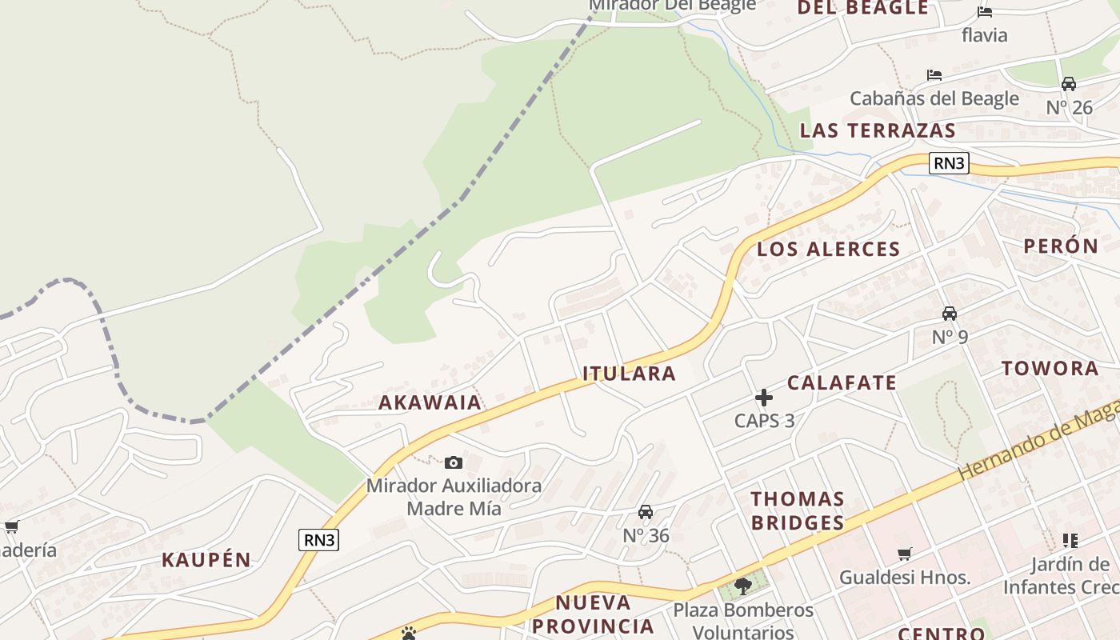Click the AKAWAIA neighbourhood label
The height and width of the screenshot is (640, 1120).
pyautogui.click(x=430, y=402)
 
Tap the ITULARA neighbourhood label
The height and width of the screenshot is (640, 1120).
pyautogui.click(x=629, y=373)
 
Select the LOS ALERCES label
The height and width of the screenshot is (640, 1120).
pyautogui.click(x=828, y=249)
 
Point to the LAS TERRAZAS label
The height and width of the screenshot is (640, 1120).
pyautogui.click(x=878, y=130)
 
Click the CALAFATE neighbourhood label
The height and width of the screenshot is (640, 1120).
pyautogui.click(x=842, y=382)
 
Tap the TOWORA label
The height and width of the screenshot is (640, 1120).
pyautogui.click(x=1050, y=368)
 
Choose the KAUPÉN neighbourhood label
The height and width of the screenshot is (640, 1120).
pyautogui.click(x=206, y=559)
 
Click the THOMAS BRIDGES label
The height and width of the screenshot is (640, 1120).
pyautogui.click(x=798, y=510)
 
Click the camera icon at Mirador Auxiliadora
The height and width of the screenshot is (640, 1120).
pyautogui.click(x=454, y=462)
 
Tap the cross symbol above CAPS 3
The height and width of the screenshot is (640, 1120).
pyautogui.click(x=764, y=397)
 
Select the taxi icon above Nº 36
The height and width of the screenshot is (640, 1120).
pyautogui.click(x=646, y=512)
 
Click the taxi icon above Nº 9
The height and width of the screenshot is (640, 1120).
pyautogui.click(x=950, y=313)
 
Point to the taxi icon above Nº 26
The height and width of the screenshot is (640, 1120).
pyautogui.click(x=1069, y=83)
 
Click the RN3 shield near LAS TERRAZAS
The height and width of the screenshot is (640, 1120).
pyautogui.click(x=949, y=163)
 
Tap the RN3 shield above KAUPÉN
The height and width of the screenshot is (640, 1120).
pyautogui.click(x=319, y=540)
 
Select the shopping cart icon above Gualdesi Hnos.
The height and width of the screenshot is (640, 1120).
pyautogui.click(x=905, y=554)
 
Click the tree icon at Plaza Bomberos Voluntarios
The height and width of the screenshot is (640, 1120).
pyautogui.click(x=742, y=586)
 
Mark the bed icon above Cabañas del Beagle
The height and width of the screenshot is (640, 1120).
pyautogui.click(x=934, y=75)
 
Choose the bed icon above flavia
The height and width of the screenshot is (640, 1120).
pyautogui.click(x=985, y=11)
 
